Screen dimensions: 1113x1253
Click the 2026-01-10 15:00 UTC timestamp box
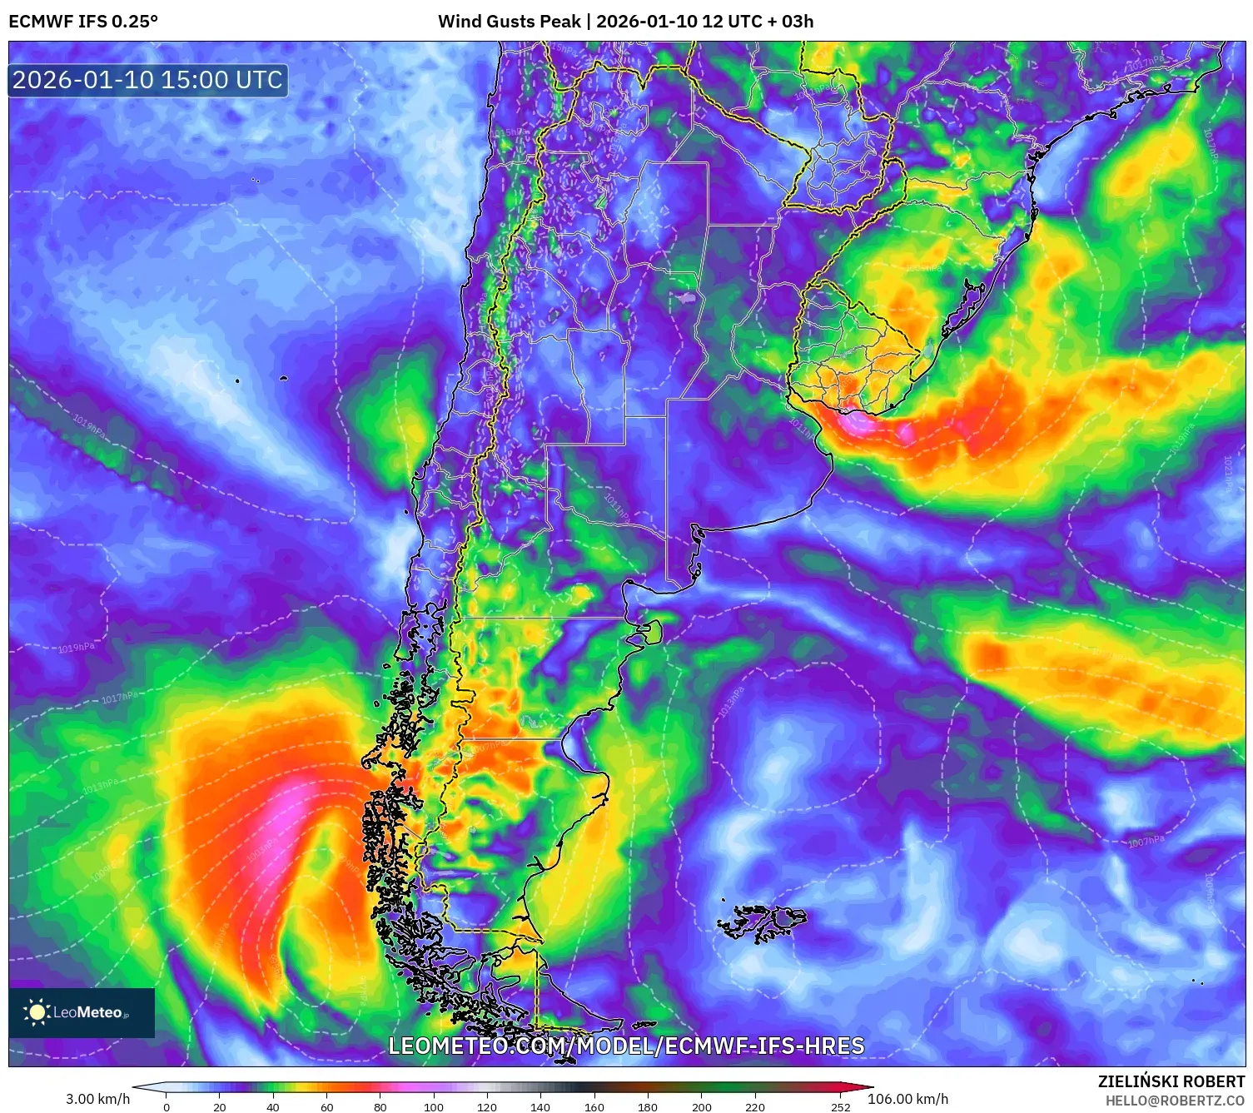click(x=147, y=80)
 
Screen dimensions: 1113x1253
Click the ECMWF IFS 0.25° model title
click(x=83, y=22)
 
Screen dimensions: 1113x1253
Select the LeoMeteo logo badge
click(x=82, y=1012)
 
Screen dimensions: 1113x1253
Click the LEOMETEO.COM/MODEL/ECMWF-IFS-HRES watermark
click(x=626, y=1046)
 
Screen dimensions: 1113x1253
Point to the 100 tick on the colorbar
click(x=434, y=1107)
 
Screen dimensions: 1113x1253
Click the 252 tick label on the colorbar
click(x=841, y=1107)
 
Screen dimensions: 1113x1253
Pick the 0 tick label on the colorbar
click(x=167, y=1107)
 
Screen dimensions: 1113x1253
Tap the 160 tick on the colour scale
click(x=594, y=1107)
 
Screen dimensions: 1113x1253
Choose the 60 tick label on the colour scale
click(x=327, y=1107)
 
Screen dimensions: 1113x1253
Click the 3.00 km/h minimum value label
click(x=98, y=1099)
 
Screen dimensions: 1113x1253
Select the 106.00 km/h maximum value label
click(x=907, y=1099)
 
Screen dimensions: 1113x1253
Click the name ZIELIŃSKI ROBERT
click(x=1171, y=1081)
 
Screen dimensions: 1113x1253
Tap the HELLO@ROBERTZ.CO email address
click(x=1175, y=1101)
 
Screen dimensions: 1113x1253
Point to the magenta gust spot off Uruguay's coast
click(x=866, y=425)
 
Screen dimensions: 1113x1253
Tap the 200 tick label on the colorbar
click(x=702, y=1107)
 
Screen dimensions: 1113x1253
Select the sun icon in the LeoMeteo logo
click(x=37, y=1012)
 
